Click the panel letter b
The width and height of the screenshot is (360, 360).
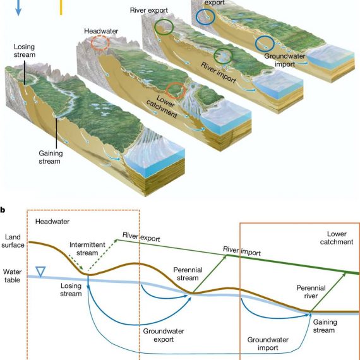pyautogui.click(x=3, y=210)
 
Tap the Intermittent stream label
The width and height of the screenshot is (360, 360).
pyautogui.click(x=87, y=249)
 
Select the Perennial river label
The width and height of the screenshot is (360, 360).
pyautogui.click(x=311, y=292)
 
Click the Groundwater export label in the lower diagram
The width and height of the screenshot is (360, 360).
pyautogui.click(x=164, y=335)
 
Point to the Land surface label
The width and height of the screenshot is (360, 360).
pyautogui.click(x=13, y=241)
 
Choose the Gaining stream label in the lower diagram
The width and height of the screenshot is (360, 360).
pyautogui.click(x=325, y=326)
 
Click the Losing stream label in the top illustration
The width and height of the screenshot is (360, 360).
pyautogui.click(x=25, y=51)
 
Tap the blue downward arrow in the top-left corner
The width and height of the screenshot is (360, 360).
pyautogui.click(x=18, y=8)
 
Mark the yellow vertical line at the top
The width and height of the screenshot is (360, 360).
pyautogui.click(x=61, y=8)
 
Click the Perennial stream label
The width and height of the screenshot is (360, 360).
pyautogui.click(x=188, y=273)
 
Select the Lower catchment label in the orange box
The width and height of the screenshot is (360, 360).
pyautogui.click(x=337, y=238)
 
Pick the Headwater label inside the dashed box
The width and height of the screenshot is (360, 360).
pyautogui.click(x=52, y=221)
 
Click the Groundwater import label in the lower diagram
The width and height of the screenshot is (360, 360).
pyautogui.click(x=268, y=344)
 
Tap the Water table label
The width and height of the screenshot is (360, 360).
pyautogui.click(x=12, y=276)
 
